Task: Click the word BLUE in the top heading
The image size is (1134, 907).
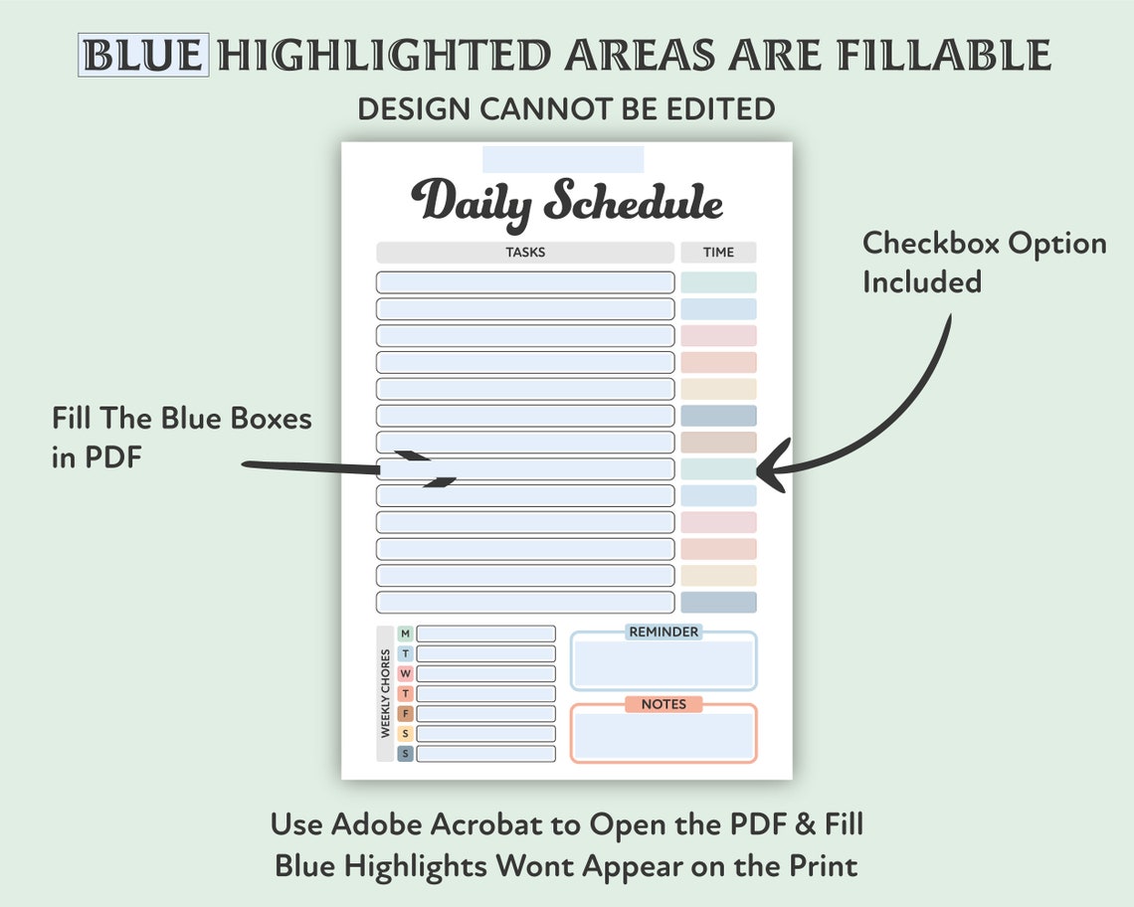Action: coord(143,56)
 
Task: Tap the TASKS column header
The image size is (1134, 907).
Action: coord(525,253)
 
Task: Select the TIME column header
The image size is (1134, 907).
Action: coord(718,253)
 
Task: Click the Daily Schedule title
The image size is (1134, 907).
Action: coord(567,201)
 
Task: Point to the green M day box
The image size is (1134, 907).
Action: coord(405,634)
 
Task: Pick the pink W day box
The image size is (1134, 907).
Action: coord(405,673)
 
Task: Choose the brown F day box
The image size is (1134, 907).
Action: coord(405,713)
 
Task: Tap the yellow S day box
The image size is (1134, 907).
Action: coord(405,733)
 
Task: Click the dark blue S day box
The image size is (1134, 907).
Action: coord(405,754)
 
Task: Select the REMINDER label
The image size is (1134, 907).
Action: coord(663,632)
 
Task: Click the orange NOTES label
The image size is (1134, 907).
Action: coord(663,704)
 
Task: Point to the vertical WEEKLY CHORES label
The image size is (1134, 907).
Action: coord(385,694)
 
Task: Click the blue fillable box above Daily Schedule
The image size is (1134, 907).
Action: coord(563,159)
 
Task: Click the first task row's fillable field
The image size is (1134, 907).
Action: coord(525,282)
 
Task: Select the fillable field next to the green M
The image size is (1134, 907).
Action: coord(485,634)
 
